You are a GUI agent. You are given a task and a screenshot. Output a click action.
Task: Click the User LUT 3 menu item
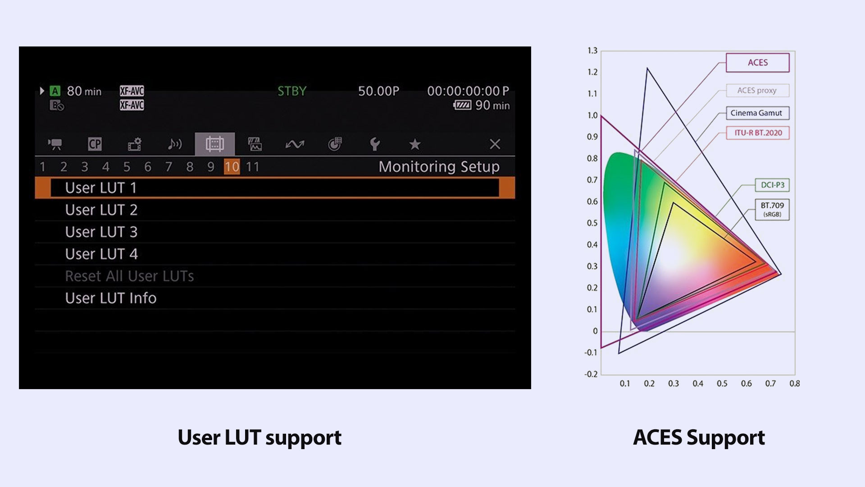coord(101,232)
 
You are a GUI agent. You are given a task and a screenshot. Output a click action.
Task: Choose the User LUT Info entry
coord(111,298)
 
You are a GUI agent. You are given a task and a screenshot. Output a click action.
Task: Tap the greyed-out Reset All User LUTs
coord(130,276)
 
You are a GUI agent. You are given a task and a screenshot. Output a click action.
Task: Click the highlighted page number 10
coord(232,167)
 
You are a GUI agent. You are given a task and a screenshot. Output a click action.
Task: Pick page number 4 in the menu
coord(106,167)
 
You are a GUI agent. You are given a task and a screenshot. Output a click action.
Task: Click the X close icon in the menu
coord(495,144)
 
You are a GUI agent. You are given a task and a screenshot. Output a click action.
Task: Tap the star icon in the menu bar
coord(414,144)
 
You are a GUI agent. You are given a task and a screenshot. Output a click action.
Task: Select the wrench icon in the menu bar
coord(374,144)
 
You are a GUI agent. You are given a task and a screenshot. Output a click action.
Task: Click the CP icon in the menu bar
coord(95,144)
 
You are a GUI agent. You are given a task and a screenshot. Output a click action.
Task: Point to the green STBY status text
coord(291,91)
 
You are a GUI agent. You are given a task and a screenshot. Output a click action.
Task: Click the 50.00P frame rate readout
coord(378,91)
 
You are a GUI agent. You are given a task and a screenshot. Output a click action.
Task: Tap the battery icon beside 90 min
coord(462,106)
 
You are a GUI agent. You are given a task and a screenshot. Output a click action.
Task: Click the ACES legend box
coord(758,63)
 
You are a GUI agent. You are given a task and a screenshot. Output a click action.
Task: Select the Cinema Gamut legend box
coord(758,113)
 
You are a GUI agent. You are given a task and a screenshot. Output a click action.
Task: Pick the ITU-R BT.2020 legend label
coord(758,133)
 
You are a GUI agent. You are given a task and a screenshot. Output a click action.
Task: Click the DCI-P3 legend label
coord(772,185)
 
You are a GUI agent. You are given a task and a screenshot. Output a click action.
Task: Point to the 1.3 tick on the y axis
coord(592,51)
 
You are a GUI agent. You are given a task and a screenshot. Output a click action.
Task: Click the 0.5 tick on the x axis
coord(722,384)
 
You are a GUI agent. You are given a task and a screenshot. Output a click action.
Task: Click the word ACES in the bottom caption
coord(657,437)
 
